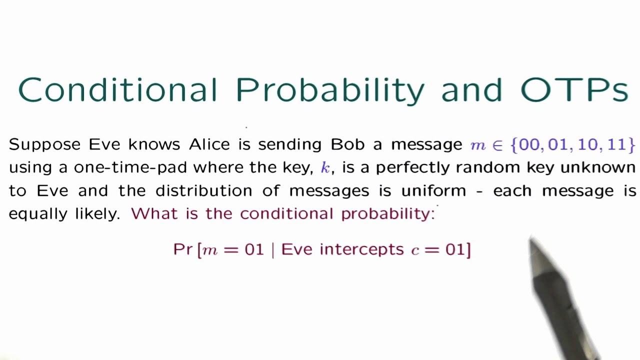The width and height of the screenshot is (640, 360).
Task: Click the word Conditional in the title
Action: click(117, 90)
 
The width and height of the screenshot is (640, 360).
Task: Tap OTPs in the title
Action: click(574, 90)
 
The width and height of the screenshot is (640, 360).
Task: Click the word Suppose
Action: click(44, 145)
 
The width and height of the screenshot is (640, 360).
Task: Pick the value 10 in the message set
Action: click(587, 144)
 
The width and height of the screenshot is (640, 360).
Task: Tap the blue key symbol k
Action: click(325, 167)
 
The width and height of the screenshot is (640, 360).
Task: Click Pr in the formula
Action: click(182, 249)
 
